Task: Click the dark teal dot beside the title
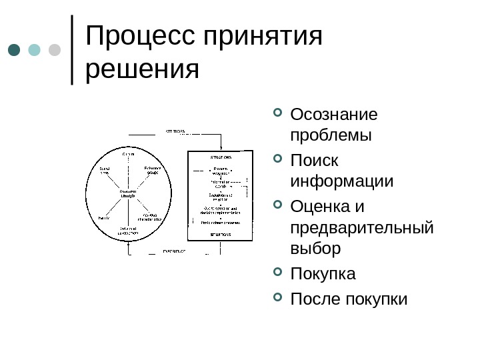[x=14, y=51]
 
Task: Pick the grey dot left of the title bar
[x=55, y=51]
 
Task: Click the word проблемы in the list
[x=331, y=135]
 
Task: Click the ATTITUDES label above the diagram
[x=176, y=131]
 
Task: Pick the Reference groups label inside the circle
[x=153, y=170]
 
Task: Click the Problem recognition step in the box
[x=220, y=171]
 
